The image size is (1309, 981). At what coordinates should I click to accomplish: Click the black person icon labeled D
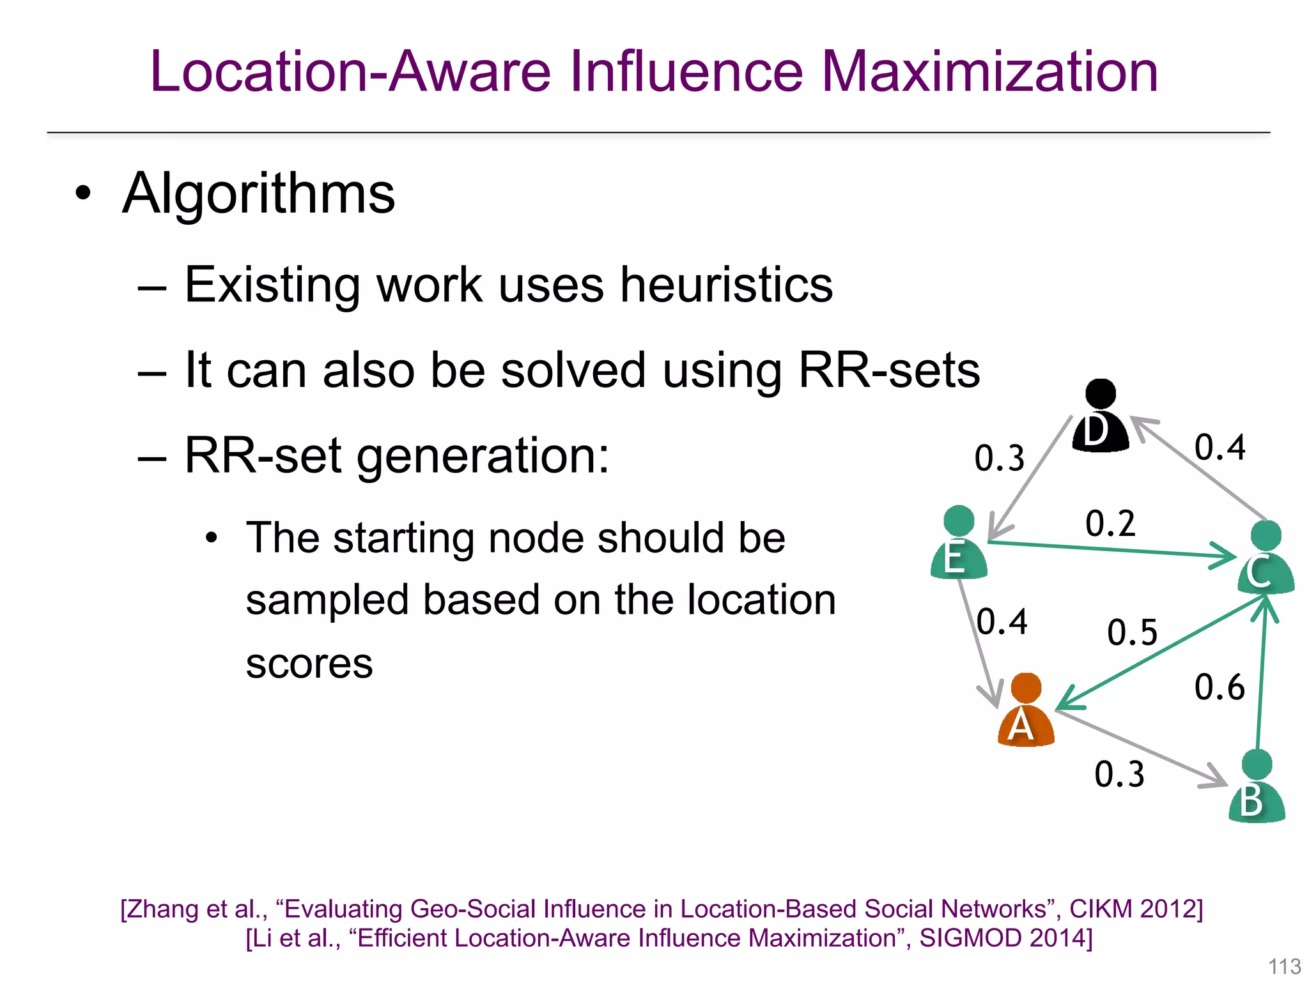tap(1100, 417)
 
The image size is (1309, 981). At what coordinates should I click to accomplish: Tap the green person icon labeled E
tap(958, 544)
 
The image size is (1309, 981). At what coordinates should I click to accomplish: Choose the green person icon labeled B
tap(1257, 788)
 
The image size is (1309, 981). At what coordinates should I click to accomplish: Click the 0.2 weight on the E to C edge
tap(1110, 523)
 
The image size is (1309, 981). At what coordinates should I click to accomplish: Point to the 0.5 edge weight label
tap(1132, 632)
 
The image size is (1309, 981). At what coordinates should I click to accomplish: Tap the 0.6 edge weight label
tap(1220, 687)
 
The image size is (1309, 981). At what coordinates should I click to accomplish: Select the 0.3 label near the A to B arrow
tap(1119, 774)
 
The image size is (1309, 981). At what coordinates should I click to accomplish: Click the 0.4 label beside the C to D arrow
tap(1220, 447)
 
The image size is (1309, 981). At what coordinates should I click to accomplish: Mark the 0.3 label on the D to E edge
tap(999, 458)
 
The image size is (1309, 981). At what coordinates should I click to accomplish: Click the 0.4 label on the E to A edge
tap(1002, 621)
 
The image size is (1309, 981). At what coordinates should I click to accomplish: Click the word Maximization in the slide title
tap(989, 72)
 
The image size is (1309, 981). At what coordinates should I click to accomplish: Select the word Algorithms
tap(258, 194)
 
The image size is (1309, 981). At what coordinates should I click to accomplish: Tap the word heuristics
tap(727, 285)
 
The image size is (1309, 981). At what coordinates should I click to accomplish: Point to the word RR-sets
tap(889, 370)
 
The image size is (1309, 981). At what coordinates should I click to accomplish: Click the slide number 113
tap(1284, 966)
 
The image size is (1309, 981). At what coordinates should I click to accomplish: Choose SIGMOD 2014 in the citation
tap(1005, 938)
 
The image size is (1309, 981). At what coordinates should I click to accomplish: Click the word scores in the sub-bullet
tap(309, 664)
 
